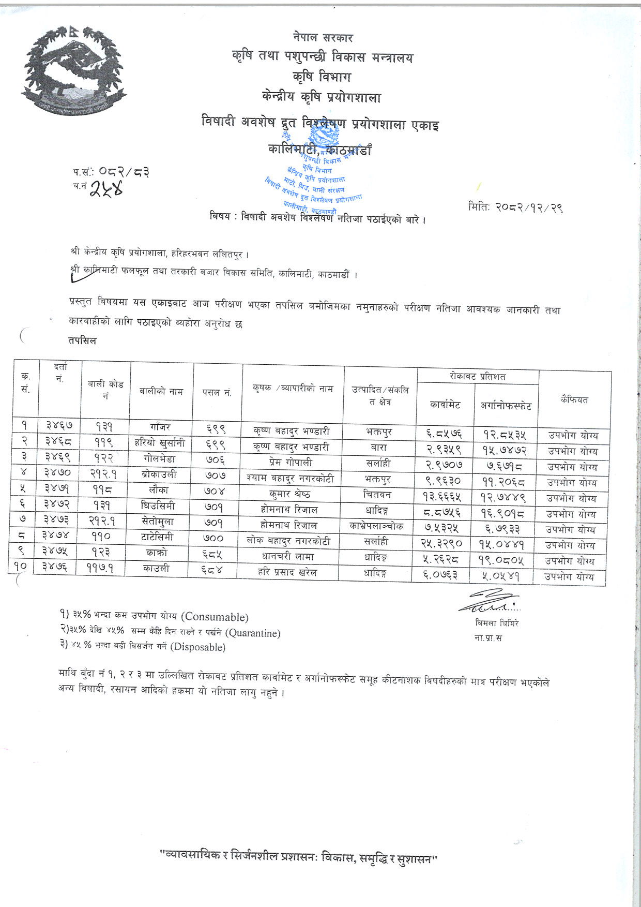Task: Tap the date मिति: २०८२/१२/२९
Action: click(x=515, y=207)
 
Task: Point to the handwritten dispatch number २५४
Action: click(x=106, y=189)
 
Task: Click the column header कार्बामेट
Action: click(x=445, y=405)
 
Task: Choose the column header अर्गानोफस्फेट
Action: click(x=506, y=406)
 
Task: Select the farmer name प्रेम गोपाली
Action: click(x=292, y=463)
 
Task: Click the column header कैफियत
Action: click(x=574, y=400)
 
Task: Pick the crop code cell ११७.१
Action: click(x=104, y=568)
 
